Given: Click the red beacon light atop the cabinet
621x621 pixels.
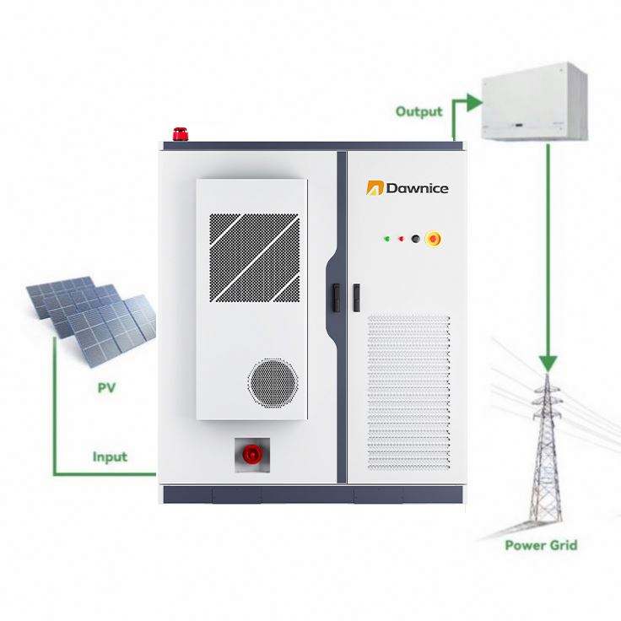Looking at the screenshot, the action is pyautogui.click(x=178, y=132).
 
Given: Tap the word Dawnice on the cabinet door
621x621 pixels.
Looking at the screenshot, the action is pyautogui.click(x=417, y=188).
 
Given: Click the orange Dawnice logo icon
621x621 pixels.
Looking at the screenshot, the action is pyautogui.click(x=374, y=188).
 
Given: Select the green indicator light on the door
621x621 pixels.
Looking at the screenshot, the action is pyautogui.click(x=386, y=238).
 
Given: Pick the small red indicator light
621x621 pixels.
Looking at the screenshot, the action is pyautogui.click(x=401, y=238).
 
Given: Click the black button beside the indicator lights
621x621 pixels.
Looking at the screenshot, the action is pyautogui.click(x=415, y=238).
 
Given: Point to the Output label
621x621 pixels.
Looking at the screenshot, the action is pyautogui.click(x=418, y=111).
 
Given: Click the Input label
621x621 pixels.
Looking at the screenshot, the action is pyautogui.click(x=110, y=456).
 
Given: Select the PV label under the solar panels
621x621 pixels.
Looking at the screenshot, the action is pyautogui.click(x=105, y=388).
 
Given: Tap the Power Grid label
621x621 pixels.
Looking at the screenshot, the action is pyautogui.click(x=541, y=544).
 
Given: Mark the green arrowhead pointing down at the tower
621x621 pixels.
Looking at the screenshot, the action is pyautogui.click(x=549, y=362).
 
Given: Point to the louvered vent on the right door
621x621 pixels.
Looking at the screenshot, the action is pyautogui.click(x=408, y=392).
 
